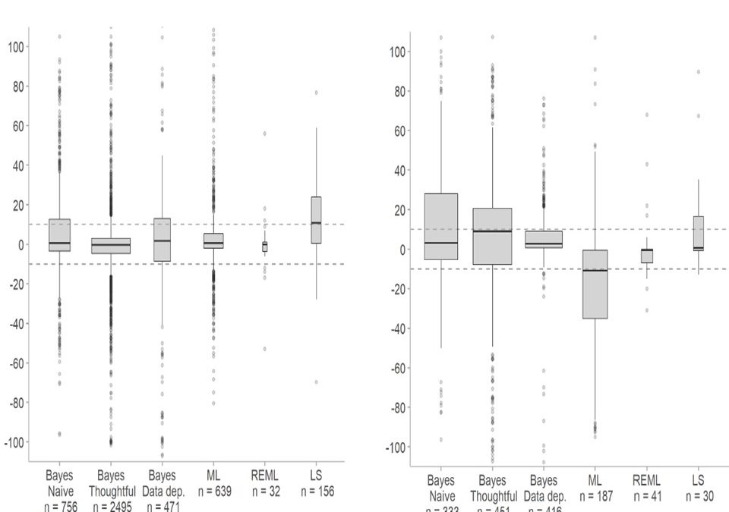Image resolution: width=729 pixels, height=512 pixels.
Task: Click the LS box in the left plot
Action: tap(316, 220)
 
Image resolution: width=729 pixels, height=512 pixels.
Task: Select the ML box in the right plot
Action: tap(595, 284)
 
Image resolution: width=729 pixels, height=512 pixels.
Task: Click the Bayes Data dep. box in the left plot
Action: tap(162, 240)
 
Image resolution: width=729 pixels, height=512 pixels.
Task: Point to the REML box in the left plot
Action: tap(265, 247)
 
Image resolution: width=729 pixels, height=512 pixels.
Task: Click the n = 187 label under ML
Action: tap(595, 495)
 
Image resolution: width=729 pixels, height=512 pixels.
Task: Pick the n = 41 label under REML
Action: tap(646, 495)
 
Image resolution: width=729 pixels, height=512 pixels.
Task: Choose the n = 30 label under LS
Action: tap(697, 495)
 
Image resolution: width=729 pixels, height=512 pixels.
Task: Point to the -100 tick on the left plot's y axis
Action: tap(14, 442)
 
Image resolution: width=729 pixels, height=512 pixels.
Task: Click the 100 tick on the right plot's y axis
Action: tap(397, 52)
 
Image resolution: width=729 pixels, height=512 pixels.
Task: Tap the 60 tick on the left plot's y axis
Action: tap(17, 126)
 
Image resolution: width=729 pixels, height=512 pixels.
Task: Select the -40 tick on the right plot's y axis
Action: tap(397, 328)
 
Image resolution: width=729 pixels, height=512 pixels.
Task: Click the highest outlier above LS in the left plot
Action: tap(316, 93)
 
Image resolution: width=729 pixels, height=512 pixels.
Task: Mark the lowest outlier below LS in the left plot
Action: tap(316, 382)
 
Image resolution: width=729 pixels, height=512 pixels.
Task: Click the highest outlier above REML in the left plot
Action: tap(265, 133)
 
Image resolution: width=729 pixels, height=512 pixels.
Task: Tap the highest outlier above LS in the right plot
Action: tap(697, 72)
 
